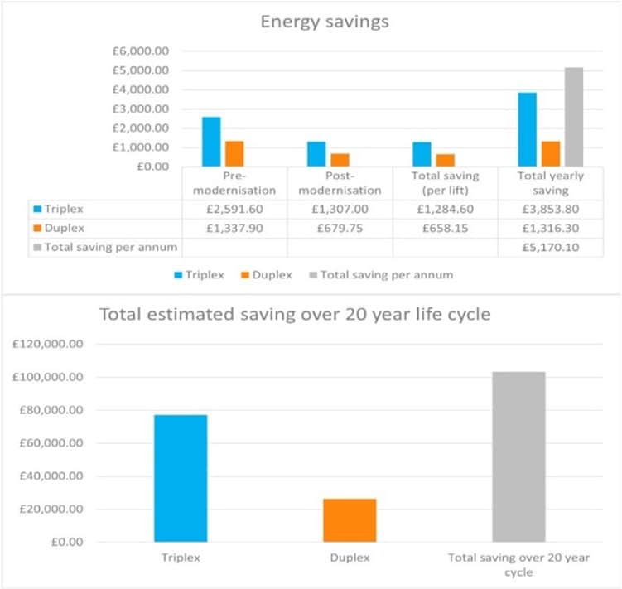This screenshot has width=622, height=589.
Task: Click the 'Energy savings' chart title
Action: (323, 22)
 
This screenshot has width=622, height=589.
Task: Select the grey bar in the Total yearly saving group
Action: (573, 117)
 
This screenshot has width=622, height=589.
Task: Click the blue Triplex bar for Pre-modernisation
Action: (211, 142)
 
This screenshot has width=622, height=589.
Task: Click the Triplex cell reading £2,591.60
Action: (234, 209)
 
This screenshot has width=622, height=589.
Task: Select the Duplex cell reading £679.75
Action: (340, 227)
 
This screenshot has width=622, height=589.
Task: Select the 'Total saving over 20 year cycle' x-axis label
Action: (518, 566)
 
